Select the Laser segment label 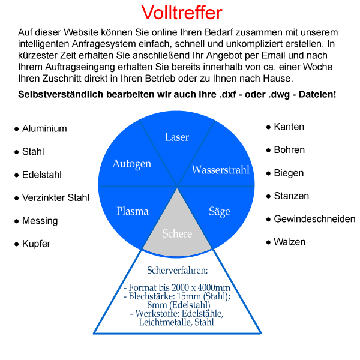(177, 137)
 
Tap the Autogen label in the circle (132, 163)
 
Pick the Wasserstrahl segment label (220, 170)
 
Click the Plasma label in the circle (133, 211)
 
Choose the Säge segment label (220, 211)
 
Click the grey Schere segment (177, 233)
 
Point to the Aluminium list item (44, 129)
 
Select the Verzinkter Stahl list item (55, 198)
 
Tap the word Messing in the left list (40, 221)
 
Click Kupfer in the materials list (36, 244)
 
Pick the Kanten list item (289, 127)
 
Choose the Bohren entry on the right (289, 150)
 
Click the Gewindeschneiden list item (314, 219)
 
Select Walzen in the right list (289, 242)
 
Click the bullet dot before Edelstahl (16, 176)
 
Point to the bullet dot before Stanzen (268, 196)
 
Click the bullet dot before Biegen (268, 173)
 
